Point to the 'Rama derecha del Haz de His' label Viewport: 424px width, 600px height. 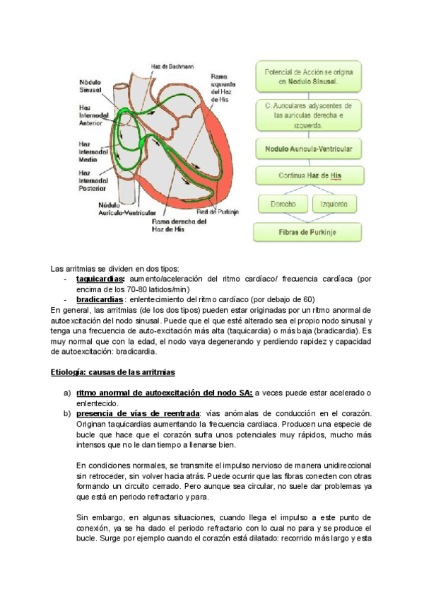(179, 224)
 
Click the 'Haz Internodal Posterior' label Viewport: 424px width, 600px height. (93, 180)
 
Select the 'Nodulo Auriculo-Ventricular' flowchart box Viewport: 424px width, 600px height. (308, 150)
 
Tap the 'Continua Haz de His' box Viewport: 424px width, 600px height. (308, 175)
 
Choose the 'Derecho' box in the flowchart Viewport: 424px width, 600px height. (282, 204)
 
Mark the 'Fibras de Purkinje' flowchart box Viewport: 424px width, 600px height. (308, 231)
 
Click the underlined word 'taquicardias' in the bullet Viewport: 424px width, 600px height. (100, 279)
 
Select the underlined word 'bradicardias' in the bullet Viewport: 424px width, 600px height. (99, 299)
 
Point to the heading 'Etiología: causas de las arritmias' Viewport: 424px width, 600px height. (113, 372)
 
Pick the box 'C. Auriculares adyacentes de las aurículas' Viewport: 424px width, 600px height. (308, 115)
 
